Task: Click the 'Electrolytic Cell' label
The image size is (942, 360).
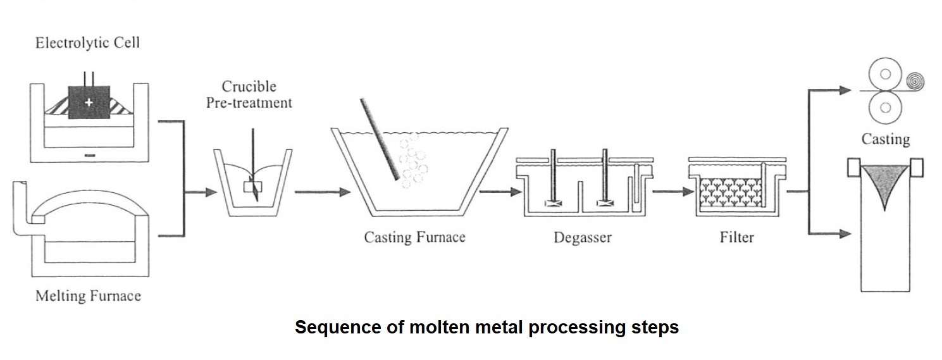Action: tap(87, 44)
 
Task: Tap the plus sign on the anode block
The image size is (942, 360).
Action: tap(89, 102)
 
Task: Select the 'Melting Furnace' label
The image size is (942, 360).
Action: tap(88, 295)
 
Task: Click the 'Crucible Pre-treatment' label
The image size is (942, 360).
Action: tap(249, 94)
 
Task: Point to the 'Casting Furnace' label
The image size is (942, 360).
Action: tap(414, 238)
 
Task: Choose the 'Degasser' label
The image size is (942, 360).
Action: tap(582, 238)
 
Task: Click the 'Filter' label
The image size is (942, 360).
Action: tap(736, 238)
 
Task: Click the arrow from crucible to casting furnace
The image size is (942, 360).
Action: tap(323, 191)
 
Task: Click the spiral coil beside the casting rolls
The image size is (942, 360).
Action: tap(912, 81)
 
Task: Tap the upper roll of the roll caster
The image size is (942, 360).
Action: tap(885, 74)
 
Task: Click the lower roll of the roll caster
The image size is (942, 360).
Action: tap(885, 108)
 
